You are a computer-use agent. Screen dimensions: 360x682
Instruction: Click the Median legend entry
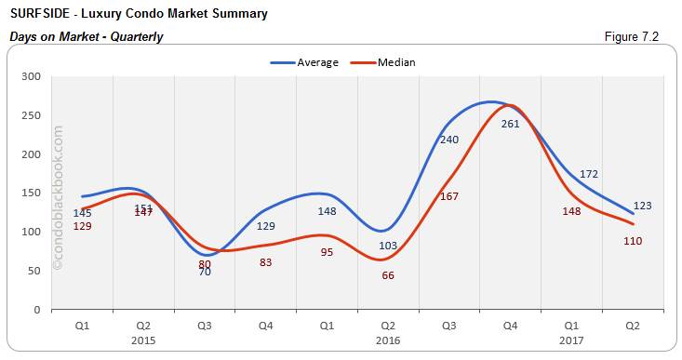click(395, 62)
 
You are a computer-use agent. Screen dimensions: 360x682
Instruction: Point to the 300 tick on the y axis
click(32, 76)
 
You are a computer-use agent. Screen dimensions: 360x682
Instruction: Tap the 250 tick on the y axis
click(32, 115)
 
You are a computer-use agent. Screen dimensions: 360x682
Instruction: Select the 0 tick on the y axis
click(37, 310)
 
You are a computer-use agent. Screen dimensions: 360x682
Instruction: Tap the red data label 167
click(449, 196)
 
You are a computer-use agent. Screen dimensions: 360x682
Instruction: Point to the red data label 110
click(633, 241)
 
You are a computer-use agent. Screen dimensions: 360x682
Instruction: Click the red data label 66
click(388, 275)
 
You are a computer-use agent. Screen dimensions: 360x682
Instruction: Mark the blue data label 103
click(388, 245)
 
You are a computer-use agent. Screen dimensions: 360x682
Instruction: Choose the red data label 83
click(265, 262)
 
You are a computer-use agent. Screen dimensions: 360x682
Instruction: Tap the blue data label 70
click(205, 272)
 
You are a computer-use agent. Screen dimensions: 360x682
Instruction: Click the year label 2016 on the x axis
click(388, 341)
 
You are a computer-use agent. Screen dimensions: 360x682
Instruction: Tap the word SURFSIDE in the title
click(40, 14)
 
